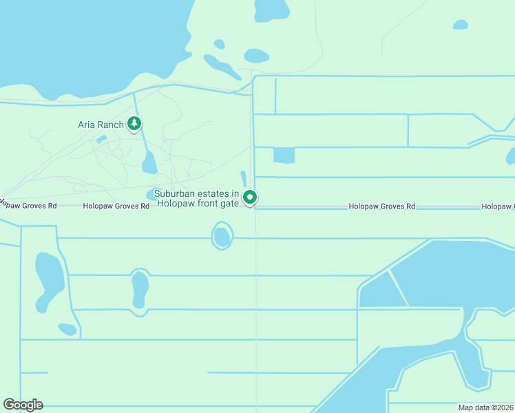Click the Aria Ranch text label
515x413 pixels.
(101, 125)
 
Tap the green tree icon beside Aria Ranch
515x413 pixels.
(134, 124)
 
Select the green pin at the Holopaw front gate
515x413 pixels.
(251, 198)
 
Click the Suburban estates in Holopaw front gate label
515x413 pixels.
(197, 198)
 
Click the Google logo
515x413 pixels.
(23, 405)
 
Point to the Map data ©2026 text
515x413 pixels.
(485, 407)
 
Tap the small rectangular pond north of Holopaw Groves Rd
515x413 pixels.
(284, 155)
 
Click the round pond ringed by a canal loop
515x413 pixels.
(222, 236)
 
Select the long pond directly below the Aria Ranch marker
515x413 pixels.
(149, 163)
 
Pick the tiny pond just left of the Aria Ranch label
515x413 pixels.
(102, 140)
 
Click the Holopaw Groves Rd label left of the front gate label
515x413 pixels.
(116, 206)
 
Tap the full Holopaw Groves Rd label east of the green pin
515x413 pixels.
(381, 206)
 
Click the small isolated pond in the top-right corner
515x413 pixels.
(460, 25)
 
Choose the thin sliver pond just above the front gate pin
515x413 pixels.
(243, 178)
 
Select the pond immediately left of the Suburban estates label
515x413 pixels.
(151, 193)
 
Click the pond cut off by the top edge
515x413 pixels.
(273, 8)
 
